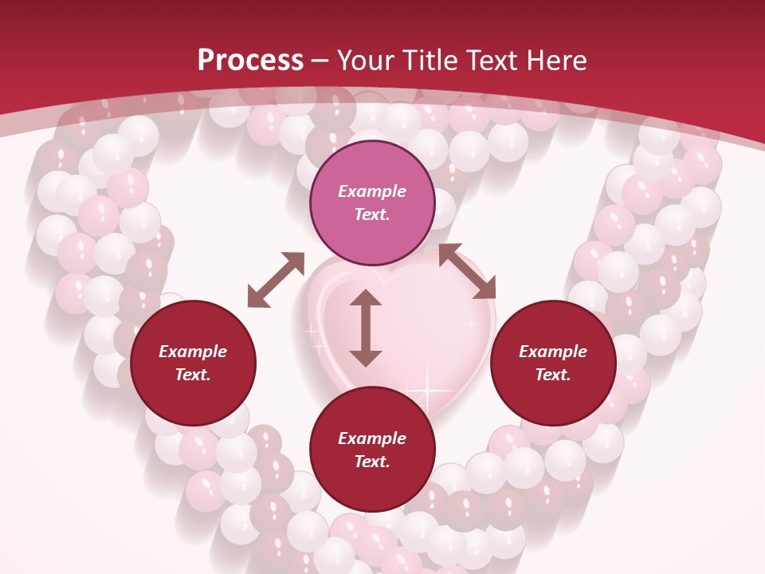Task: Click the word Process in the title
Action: [250, 61]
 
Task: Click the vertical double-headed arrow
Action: [366, 328]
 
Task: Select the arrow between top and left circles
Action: [277, 279]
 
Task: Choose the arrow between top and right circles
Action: [467, 272]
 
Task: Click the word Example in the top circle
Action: [372, 191]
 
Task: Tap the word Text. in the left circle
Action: [193, 375]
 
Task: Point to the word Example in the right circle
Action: [553, 352]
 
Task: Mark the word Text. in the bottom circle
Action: [372, 462]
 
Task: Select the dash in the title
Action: [320, 61]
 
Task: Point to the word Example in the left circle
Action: [193, 352]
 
